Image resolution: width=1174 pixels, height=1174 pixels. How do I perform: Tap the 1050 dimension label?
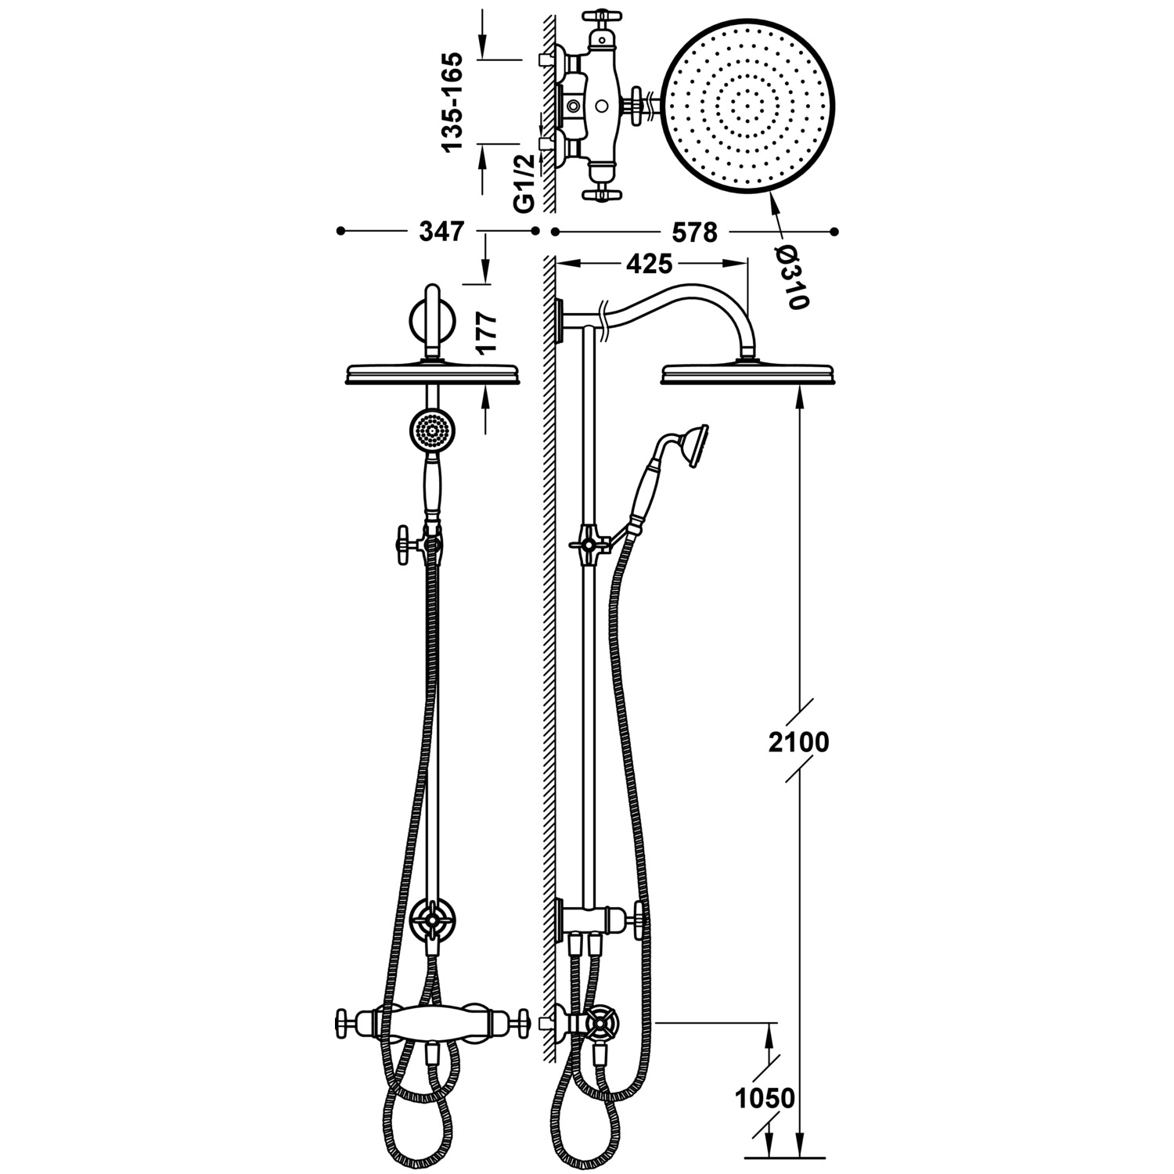765,1099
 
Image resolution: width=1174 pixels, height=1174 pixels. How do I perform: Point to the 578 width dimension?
694,232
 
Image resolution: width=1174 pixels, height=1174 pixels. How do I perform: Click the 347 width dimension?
441,232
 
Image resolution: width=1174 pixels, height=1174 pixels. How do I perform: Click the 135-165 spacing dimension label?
455,102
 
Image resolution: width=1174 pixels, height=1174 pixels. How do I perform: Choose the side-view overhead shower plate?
746,374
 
